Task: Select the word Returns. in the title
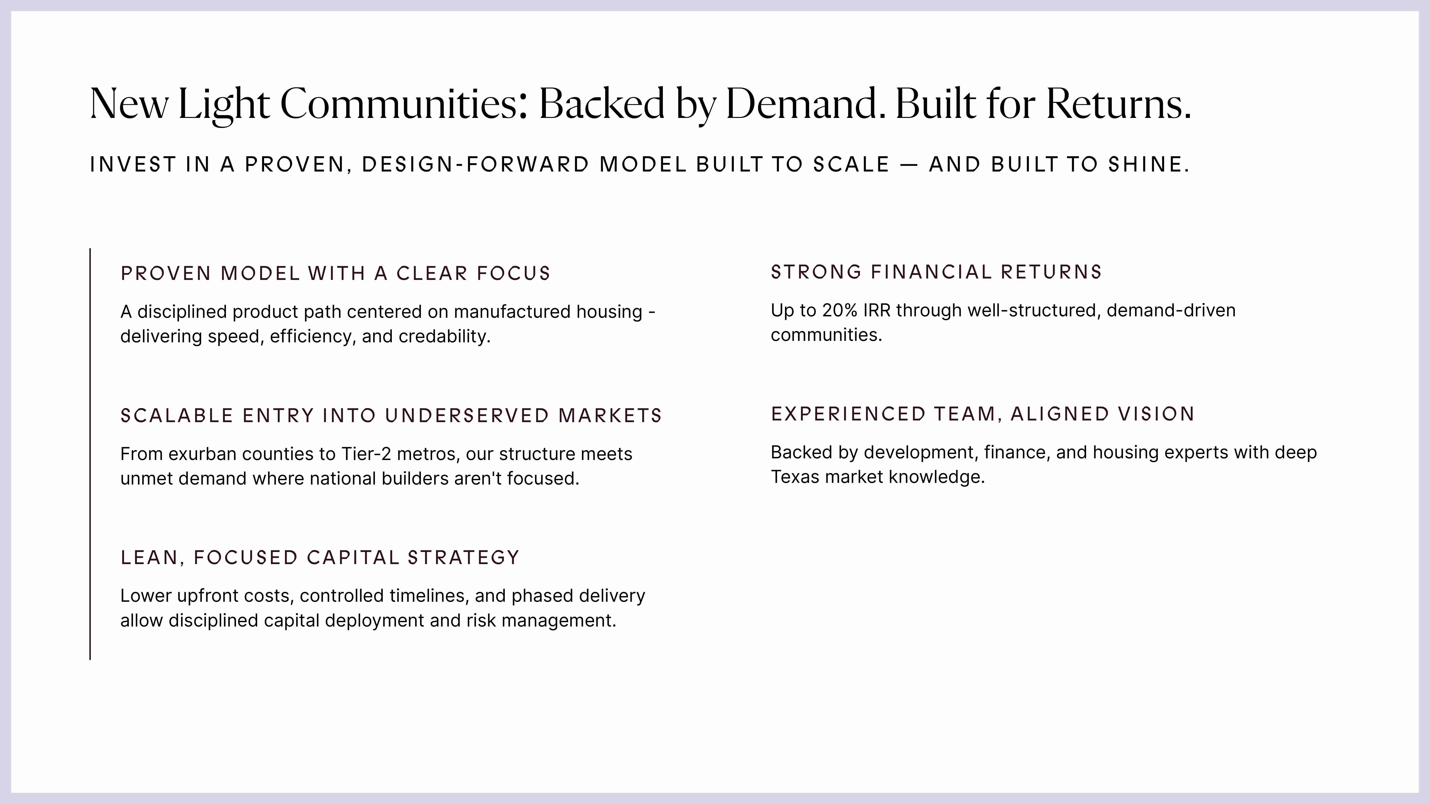coord(1118,104)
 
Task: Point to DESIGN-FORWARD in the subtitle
coord(475,165)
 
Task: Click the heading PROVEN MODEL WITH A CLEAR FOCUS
coord(335,273)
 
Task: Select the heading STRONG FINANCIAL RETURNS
coord(936,272)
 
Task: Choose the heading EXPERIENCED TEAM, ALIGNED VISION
coord(983,414)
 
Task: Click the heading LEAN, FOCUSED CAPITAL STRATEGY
coord(320,558)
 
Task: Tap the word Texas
coord(795,477)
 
